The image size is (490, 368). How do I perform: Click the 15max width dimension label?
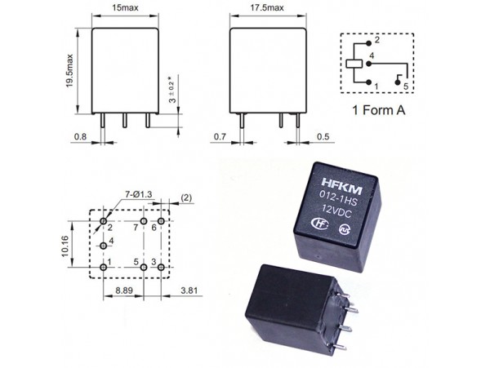coord(124,8)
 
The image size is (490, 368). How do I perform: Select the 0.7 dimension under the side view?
coord(219,137)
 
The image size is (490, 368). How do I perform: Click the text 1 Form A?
coord(378,109)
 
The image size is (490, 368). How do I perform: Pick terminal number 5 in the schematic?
coord(405,85)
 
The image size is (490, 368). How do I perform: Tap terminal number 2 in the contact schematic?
coord(376,40)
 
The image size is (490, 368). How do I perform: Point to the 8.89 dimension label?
coord(125,290)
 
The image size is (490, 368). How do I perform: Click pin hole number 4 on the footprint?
coord(103,245)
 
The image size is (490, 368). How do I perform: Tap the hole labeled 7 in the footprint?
coord(143,222)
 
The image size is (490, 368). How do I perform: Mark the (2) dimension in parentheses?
coord(186,198)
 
